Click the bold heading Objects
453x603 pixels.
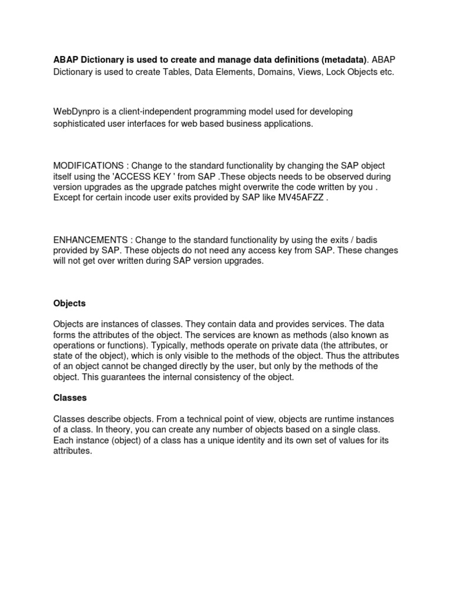(69, 303)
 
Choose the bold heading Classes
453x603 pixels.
(70, 397)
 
